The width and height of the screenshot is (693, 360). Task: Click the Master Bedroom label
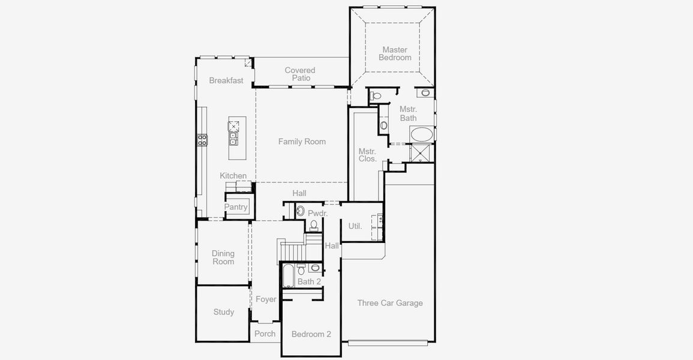(x=395, y=53)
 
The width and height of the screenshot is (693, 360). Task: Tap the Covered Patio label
(x=300, y=74)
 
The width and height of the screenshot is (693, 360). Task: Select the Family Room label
(x=302, y=142)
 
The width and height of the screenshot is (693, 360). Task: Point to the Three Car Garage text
(x=390, y=303)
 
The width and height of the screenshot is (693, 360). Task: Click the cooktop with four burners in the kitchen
(x=202, y=140)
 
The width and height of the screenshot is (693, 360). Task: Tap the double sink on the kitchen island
(x=233, y=139)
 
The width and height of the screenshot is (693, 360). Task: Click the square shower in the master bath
(x=421, y=153)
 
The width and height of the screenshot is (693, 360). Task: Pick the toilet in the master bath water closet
(x=376, y=95)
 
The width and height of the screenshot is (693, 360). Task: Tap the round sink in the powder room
(x=301, y=211)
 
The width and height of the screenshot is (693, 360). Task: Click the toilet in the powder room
(x=313, y=226)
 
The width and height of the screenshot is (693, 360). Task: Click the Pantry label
(x=236, y=207)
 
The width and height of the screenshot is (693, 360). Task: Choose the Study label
(x=224, y=312)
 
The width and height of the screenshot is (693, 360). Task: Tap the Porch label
(x=265, y=334)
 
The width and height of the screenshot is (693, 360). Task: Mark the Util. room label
(x=355, y=226)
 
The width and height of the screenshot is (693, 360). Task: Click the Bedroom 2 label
(x=311, y=334)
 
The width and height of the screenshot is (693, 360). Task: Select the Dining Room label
(x=223, y=258)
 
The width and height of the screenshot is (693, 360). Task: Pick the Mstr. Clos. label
(x=367, y=155)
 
